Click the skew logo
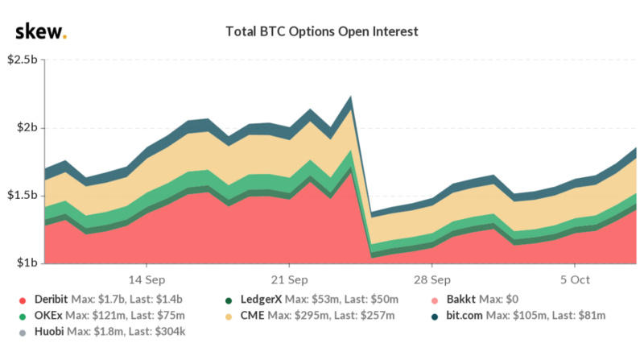click(41, 31)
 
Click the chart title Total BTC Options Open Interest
click(322, 32)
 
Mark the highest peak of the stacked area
click(350, 97)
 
